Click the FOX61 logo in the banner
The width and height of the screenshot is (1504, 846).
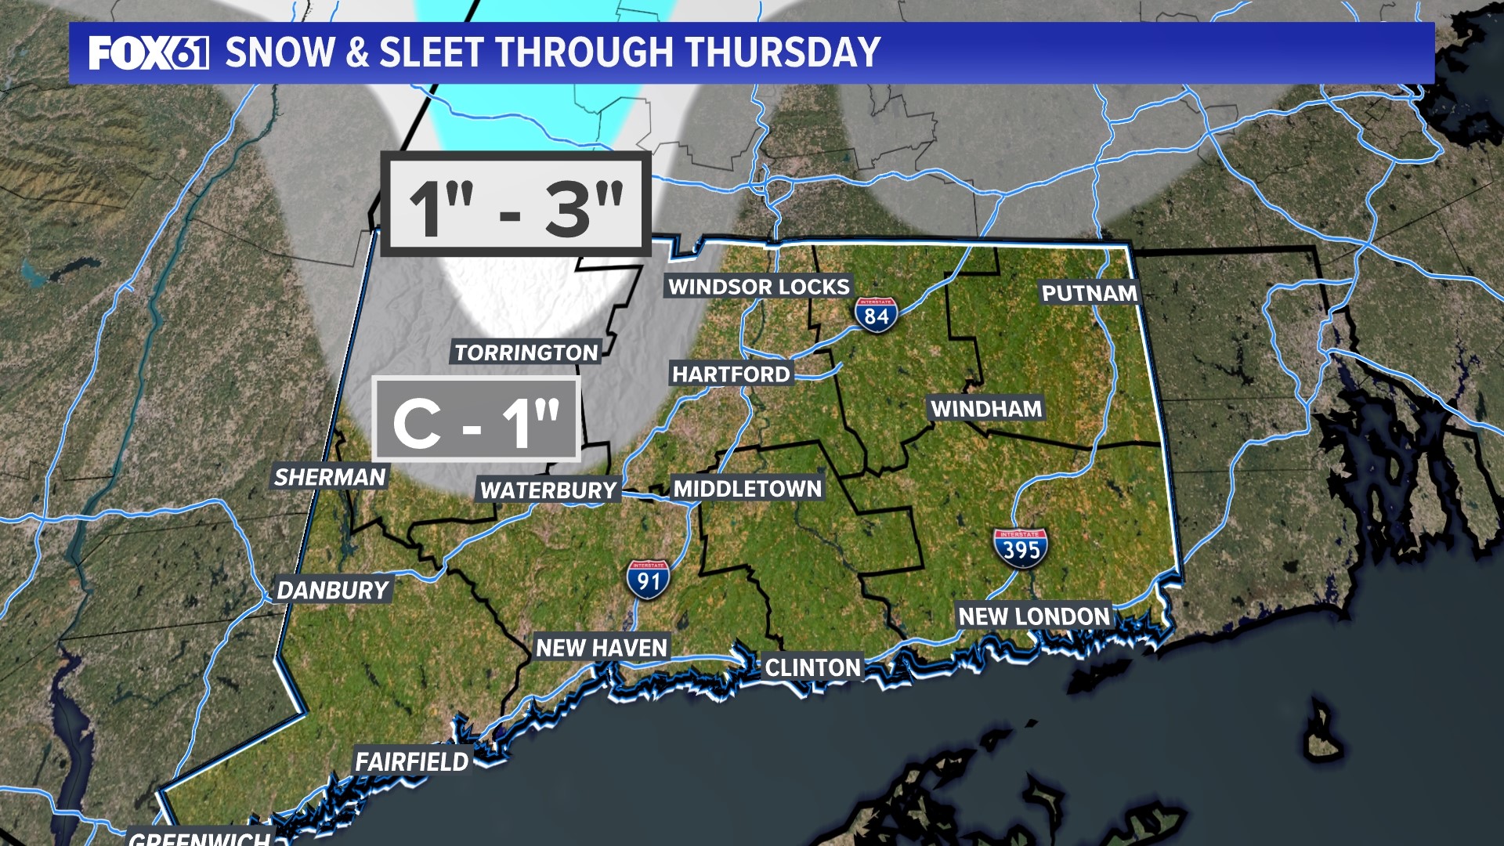(148, 53)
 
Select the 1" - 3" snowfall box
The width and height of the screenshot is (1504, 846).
(515, 204)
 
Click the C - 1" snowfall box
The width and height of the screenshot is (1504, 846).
(476, 420)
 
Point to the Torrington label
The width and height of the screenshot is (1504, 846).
(526, 352)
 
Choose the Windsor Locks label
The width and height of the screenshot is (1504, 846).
(758, 287)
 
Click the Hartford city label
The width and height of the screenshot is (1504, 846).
(731, 374)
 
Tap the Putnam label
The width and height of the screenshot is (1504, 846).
(1089, 293)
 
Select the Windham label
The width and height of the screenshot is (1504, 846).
(986, 408)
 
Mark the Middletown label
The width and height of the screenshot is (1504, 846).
(747, 489)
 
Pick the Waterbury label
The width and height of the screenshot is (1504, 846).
(549, 490)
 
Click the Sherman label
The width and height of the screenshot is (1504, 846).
(330, 476)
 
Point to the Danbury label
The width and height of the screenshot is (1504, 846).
(333, 590)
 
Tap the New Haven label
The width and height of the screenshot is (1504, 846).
(602, 648)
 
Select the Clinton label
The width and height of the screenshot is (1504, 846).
(812, 667)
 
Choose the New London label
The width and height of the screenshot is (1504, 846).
(1034, 616)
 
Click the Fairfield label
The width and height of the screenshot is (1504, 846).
(411, 761)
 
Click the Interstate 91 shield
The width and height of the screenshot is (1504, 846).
(648, 580)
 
